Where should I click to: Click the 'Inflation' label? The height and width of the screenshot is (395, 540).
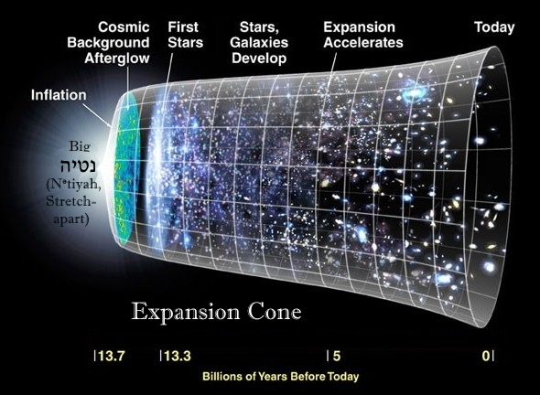tap(59, 95)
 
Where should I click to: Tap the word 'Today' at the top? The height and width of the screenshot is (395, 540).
tap(494, 27)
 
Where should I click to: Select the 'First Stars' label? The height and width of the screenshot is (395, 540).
tap(185, 35)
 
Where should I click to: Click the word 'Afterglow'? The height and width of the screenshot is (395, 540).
tap(117, 58)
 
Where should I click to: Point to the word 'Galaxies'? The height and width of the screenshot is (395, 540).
tap(259, 42)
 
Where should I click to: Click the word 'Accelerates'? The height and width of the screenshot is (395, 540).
tap(363, 42)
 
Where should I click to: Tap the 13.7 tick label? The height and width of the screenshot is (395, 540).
tap(111, 356)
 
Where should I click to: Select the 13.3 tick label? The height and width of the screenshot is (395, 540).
tap(177, 356)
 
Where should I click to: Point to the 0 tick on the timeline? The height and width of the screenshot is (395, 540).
tap(486, 356)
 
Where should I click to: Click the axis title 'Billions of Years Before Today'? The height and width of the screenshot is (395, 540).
tap(281, 377)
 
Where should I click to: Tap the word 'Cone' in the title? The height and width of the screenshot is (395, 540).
tap(275, 312)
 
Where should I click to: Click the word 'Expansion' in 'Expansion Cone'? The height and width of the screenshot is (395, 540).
tap(185, 313)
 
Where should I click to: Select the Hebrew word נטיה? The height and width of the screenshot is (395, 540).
tap(78, 166)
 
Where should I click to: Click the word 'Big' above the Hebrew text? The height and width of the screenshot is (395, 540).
tap(80, 146)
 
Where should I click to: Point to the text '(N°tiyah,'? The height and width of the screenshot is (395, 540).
tap(74, 185)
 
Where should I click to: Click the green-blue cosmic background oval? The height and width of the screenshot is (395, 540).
tap(127, 168)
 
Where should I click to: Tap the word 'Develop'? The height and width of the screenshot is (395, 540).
tap(259, 59)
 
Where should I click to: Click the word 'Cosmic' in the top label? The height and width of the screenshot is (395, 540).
tap(124, 27)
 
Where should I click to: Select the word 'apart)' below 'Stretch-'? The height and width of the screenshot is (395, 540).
tap(71, 219)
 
